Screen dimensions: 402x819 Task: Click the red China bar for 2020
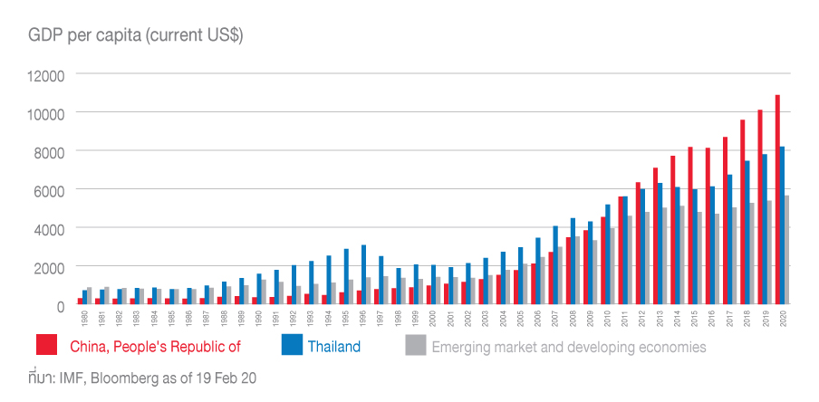776,200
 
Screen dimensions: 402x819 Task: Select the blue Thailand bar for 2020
783,225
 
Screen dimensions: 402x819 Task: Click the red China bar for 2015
689,226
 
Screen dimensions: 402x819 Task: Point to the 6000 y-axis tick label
49,191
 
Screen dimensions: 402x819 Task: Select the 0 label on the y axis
60,307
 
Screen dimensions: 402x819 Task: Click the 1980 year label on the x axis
84,320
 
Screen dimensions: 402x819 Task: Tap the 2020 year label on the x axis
782,320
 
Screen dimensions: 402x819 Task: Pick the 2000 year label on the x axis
433,320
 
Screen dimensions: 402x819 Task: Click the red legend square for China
47,345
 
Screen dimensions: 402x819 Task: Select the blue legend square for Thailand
291,345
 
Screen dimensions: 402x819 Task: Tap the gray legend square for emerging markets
415,345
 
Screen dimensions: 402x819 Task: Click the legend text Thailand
333,346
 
